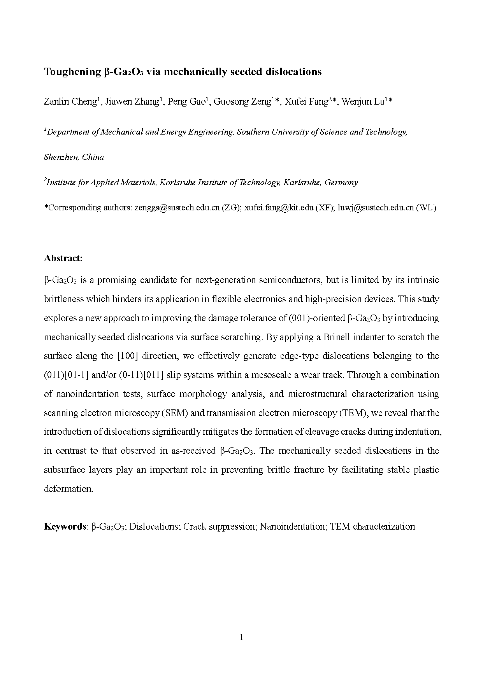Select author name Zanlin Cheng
point(70,102)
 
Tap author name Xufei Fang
point(306,102)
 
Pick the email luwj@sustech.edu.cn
point(376,208)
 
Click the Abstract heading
point(63,258)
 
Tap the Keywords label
point(65,526)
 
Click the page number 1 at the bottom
point(242,637)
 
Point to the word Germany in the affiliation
point(341,182)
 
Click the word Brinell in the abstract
point(336,337)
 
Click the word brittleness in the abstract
point(64,299)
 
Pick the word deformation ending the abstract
point(68,489)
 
